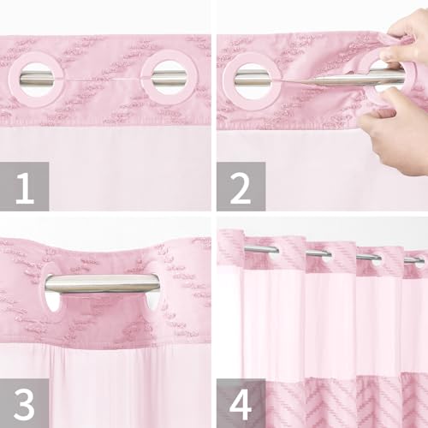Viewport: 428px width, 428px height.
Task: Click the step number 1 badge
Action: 25,187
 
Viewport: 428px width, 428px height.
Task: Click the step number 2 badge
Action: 241,187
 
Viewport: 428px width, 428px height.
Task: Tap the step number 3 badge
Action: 25,403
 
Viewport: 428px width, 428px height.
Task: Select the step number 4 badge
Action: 241,403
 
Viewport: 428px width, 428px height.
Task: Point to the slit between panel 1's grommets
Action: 103,80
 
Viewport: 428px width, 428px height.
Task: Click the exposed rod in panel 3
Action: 102,283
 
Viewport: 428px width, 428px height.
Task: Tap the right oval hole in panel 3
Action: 154,302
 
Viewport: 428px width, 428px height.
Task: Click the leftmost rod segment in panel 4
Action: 261,249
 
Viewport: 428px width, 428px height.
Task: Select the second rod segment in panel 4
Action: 318,253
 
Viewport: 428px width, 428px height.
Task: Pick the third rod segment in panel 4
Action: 369,257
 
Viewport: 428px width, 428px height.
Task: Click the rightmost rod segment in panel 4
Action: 414,259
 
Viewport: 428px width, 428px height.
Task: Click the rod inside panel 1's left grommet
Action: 37,79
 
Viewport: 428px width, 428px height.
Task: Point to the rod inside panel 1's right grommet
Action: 169,79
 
